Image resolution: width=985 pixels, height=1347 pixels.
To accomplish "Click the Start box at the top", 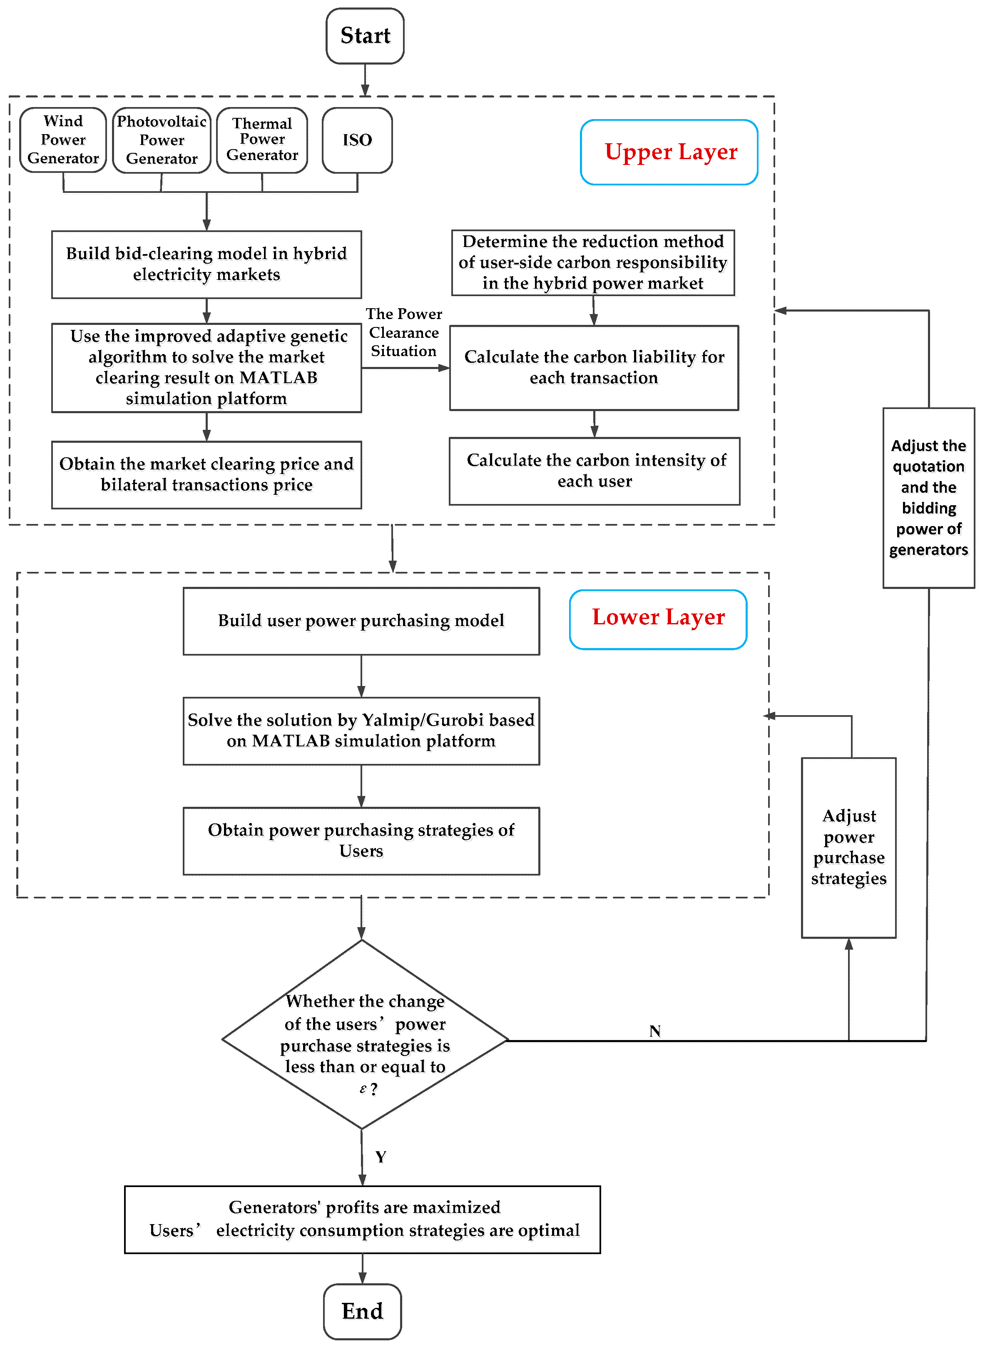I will (365, 36).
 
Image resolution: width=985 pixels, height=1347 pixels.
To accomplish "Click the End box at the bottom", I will (362, 1311).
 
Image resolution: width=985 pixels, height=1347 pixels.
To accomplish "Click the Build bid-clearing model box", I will (206, 264).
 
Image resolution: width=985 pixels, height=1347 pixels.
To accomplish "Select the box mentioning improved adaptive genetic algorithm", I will (206, 367).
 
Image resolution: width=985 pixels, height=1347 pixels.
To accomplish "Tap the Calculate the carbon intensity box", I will (594, 471).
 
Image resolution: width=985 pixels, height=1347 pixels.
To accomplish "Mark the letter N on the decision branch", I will (655, 1031).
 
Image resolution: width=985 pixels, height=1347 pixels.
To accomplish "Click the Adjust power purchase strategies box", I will (848, 847).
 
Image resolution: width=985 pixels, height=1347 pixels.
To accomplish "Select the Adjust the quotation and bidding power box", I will (928, 497).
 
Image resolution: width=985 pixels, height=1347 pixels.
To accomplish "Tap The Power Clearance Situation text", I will (404, 333).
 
